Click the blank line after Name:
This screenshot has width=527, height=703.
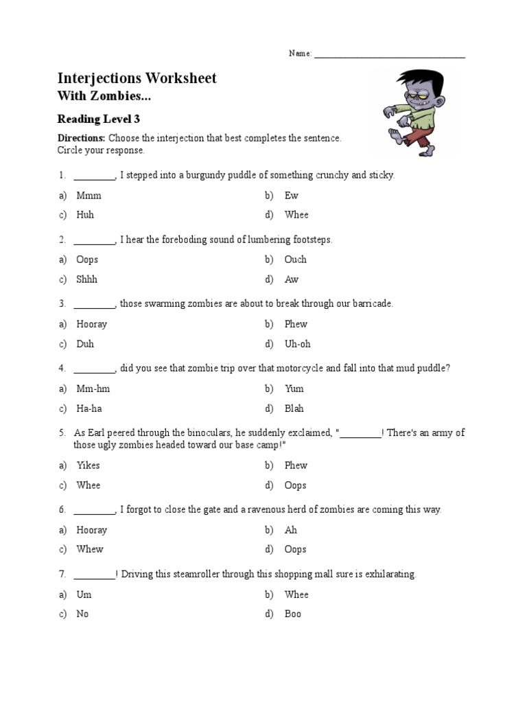[389, 55]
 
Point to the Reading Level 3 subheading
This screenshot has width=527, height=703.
[98, 119]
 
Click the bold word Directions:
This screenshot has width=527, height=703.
[81, 138]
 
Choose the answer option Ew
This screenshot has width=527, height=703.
[292, 196]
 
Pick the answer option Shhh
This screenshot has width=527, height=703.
[87, 279]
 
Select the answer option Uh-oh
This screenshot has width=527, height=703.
[298, 344]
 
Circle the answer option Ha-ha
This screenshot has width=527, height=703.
[89, 408]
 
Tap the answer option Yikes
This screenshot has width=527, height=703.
[89, 465]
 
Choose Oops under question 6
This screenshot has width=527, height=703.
[296, 549]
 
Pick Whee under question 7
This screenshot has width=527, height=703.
[296, 595]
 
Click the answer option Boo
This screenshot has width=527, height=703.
[293, 614]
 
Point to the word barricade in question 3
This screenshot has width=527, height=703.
[371, 303]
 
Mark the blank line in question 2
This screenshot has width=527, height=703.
[94, 241]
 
